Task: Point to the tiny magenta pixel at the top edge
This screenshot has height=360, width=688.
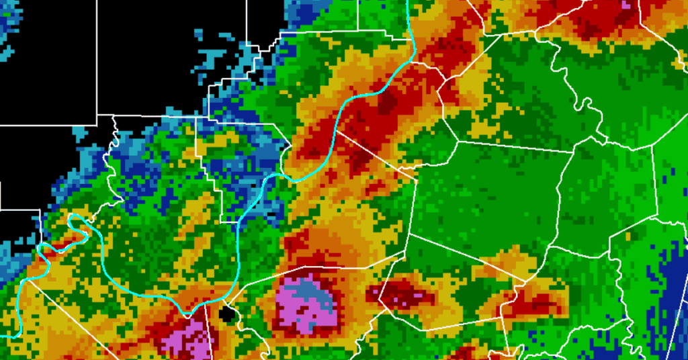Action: [x=626, y=3]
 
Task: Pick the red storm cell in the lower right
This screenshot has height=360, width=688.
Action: [x=531, y=306]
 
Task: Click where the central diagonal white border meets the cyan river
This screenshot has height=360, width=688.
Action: [x=336, y=131]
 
